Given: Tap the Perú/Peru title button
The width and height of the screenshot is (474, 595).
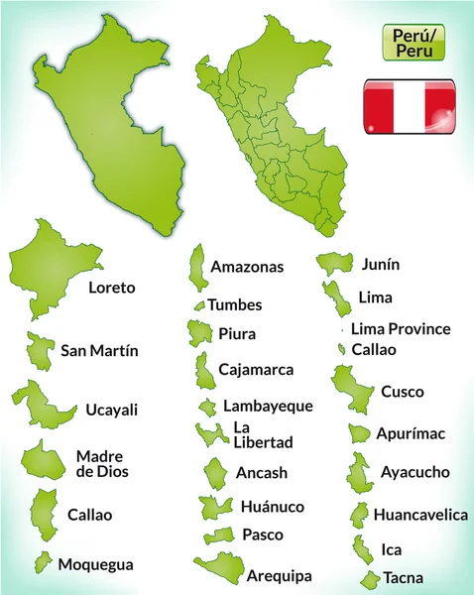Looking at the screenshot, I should pyautogui.click(x=407, y=42).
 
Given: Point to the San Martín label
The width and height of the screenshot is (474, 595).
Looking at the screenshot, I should pyautogui.click(x=99, y=350).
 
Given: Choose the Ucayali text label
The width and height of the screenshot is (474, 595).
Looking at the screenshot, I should pyautogui.click(x=113, y=409).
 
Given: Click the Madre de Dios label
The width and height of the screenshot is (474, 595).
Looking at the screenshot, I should pyautogui.click(x=102, y=464).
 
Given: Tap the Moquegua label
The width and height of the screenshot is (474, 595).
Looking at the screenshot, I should pyautogui.click(x=95, y=564).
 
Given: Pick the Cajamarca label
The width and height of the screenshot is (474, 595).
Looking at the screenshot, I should pyautogui.click(x=256, y=370).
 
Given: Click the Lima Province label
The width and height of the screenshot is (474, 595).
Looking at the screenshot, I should pyautogui.click(x=401, y=328).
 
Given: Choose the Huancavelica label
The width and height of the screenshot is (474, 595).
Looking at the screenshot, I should pyautogui.click(x=420, y=515).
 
